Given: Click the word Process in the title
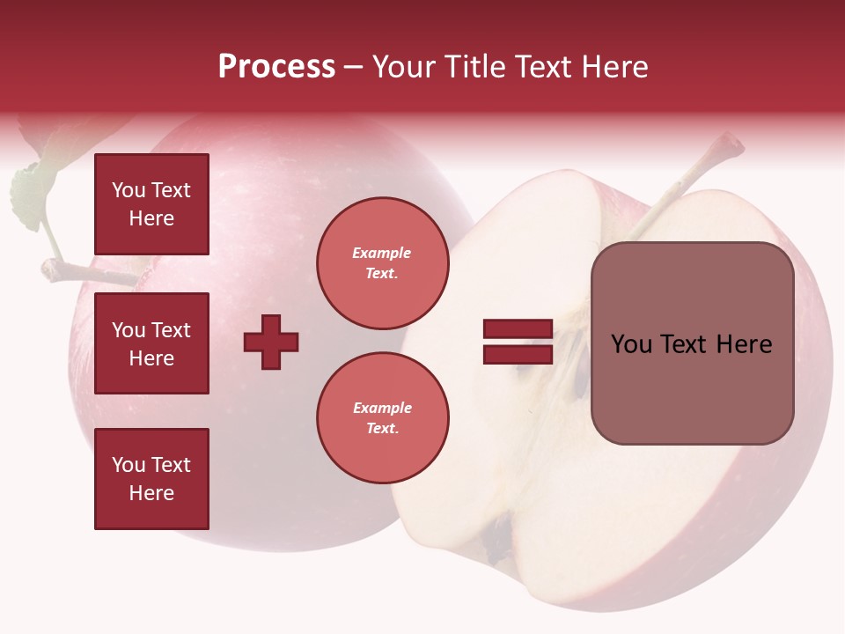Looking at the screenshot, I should coord(276,67).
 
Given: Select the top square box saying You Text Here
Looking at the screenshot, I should coord(151,204).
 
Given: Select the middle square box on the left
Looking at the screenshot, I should coord(151,343).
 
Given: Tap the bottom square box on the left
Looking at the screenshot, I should coord(151,479).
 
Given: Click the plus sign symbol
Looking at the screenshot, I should coord(271,342).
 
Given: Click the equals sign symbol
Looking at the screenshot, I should coord(518,342).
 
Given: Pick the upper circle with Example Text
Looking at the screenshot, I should coord(383,263).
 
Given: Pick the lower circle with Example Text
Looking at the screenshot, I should coord(383,418).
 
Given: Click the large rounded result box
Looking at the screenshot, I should coord(692,343).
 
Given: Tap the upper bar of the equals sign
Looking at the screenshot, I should coord(518,329).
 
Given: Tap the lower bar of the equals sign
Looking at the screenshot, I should coord(518,354).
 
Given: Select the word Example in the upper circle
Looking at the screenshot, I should coord(382,254).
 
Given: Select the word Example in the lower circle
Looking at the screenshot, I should coord(382,409).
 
